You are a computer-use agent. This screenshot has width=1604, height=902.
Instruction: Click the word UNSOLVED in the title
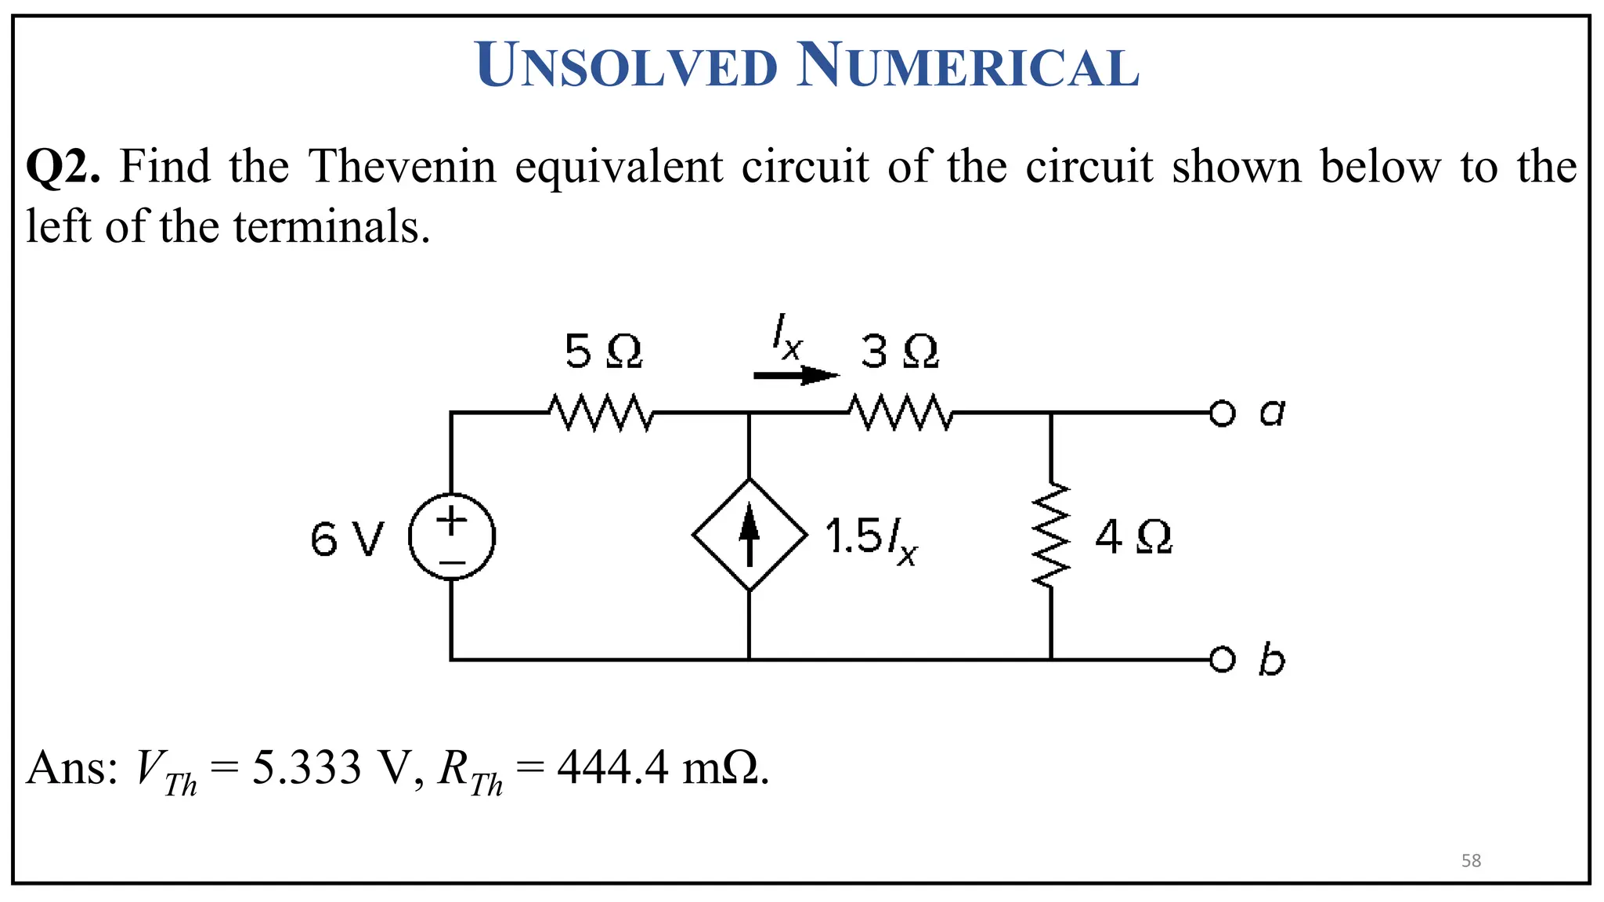coord(627,66)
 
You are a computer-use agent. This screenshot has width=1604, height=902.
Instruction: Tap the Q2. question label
coord(63,168)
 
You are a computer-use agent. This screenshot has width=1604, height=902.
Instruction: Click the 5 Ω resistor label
coord(603,352)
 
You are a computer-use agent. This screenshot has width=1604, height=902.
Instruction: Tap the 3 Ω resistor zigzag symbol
coord(901,413)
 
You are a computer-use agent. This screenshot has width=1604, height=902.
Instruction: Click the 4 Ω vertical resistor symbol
coord(1051,536)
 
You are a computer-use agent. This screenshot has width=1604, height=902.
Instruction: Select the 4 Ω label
coord(1133,538)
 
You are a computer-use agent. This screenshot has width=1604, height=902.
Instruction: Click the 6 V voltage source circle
coord(452,537)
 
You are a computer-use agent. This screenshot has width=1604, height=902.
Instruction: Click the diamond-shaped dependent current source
coord(750,536)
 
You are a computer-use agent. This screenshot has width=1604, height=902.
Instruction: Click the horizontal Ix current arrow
coord(795,376)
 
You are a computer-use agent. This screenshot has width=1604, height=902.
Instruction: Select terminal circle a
coord(1222,413)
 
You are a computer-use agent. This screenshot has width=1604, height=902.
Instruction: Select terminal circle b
coord(1222,660)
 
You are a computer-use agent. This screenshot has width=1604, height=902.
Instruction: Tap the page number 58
coord(1471,861)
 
